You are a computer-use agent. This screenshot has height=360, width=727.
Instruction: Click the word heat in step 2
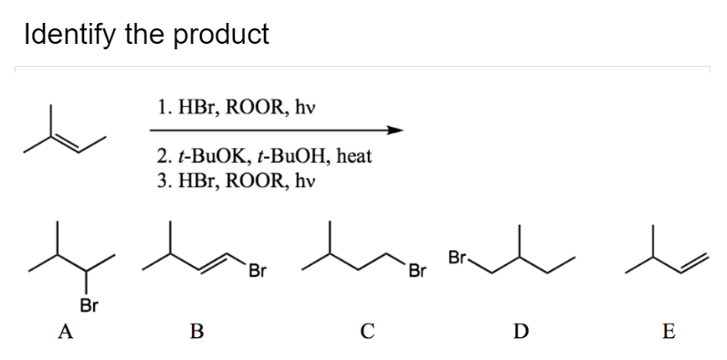353,155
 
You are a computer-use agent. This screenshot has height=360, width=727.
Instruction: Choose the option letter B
195,332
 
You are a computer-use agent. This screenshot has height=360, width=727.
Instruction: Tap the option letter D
518,332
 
